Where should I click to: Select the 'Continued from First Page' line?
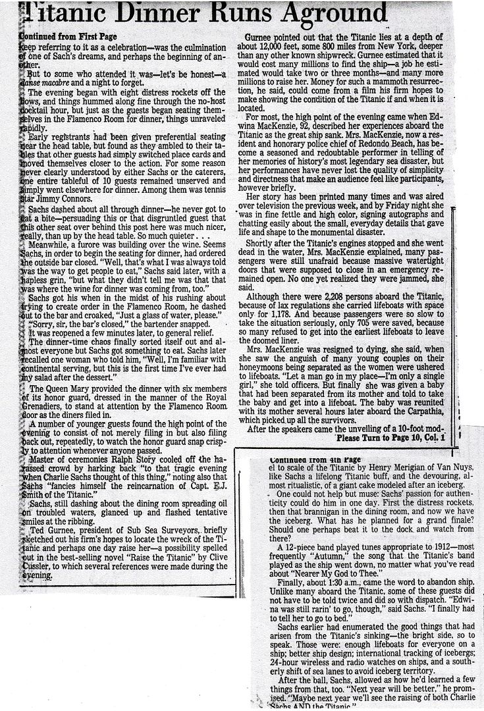pyautogui.click(x=69, y=36)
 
